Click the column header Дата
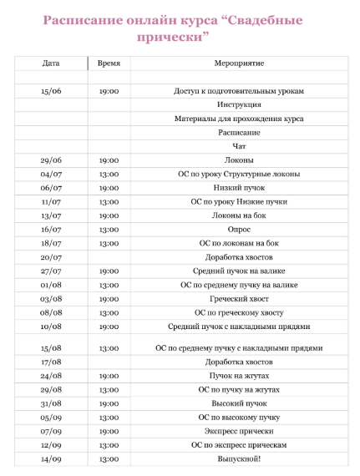tap(51, 63)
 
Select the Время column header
tap(109, 63)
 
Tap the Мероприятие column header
tap(239, 63)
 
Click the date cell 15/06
tap(51, 91)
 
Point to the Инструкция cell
tap(239, 104)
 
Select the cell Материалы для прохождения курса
tap(239, 119)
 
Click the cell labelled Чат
tap(239, 146)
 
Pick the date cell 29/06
tap(51, 160)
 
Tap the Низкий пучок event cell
tap(239, 188)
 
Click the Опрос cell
tap(239, 229)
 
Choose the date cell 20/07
tap(51, 256)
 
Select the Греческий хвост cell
tap(239, 298)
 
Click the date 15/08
tap(51, 347)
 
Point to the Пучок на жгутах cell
tap(239, 376)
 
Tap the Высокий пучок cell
tap(239, 403)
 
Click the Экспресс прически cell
tap(239, 431)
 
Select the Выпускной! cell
tap(239, 458)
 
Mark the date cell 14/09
tap(51, 458)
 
